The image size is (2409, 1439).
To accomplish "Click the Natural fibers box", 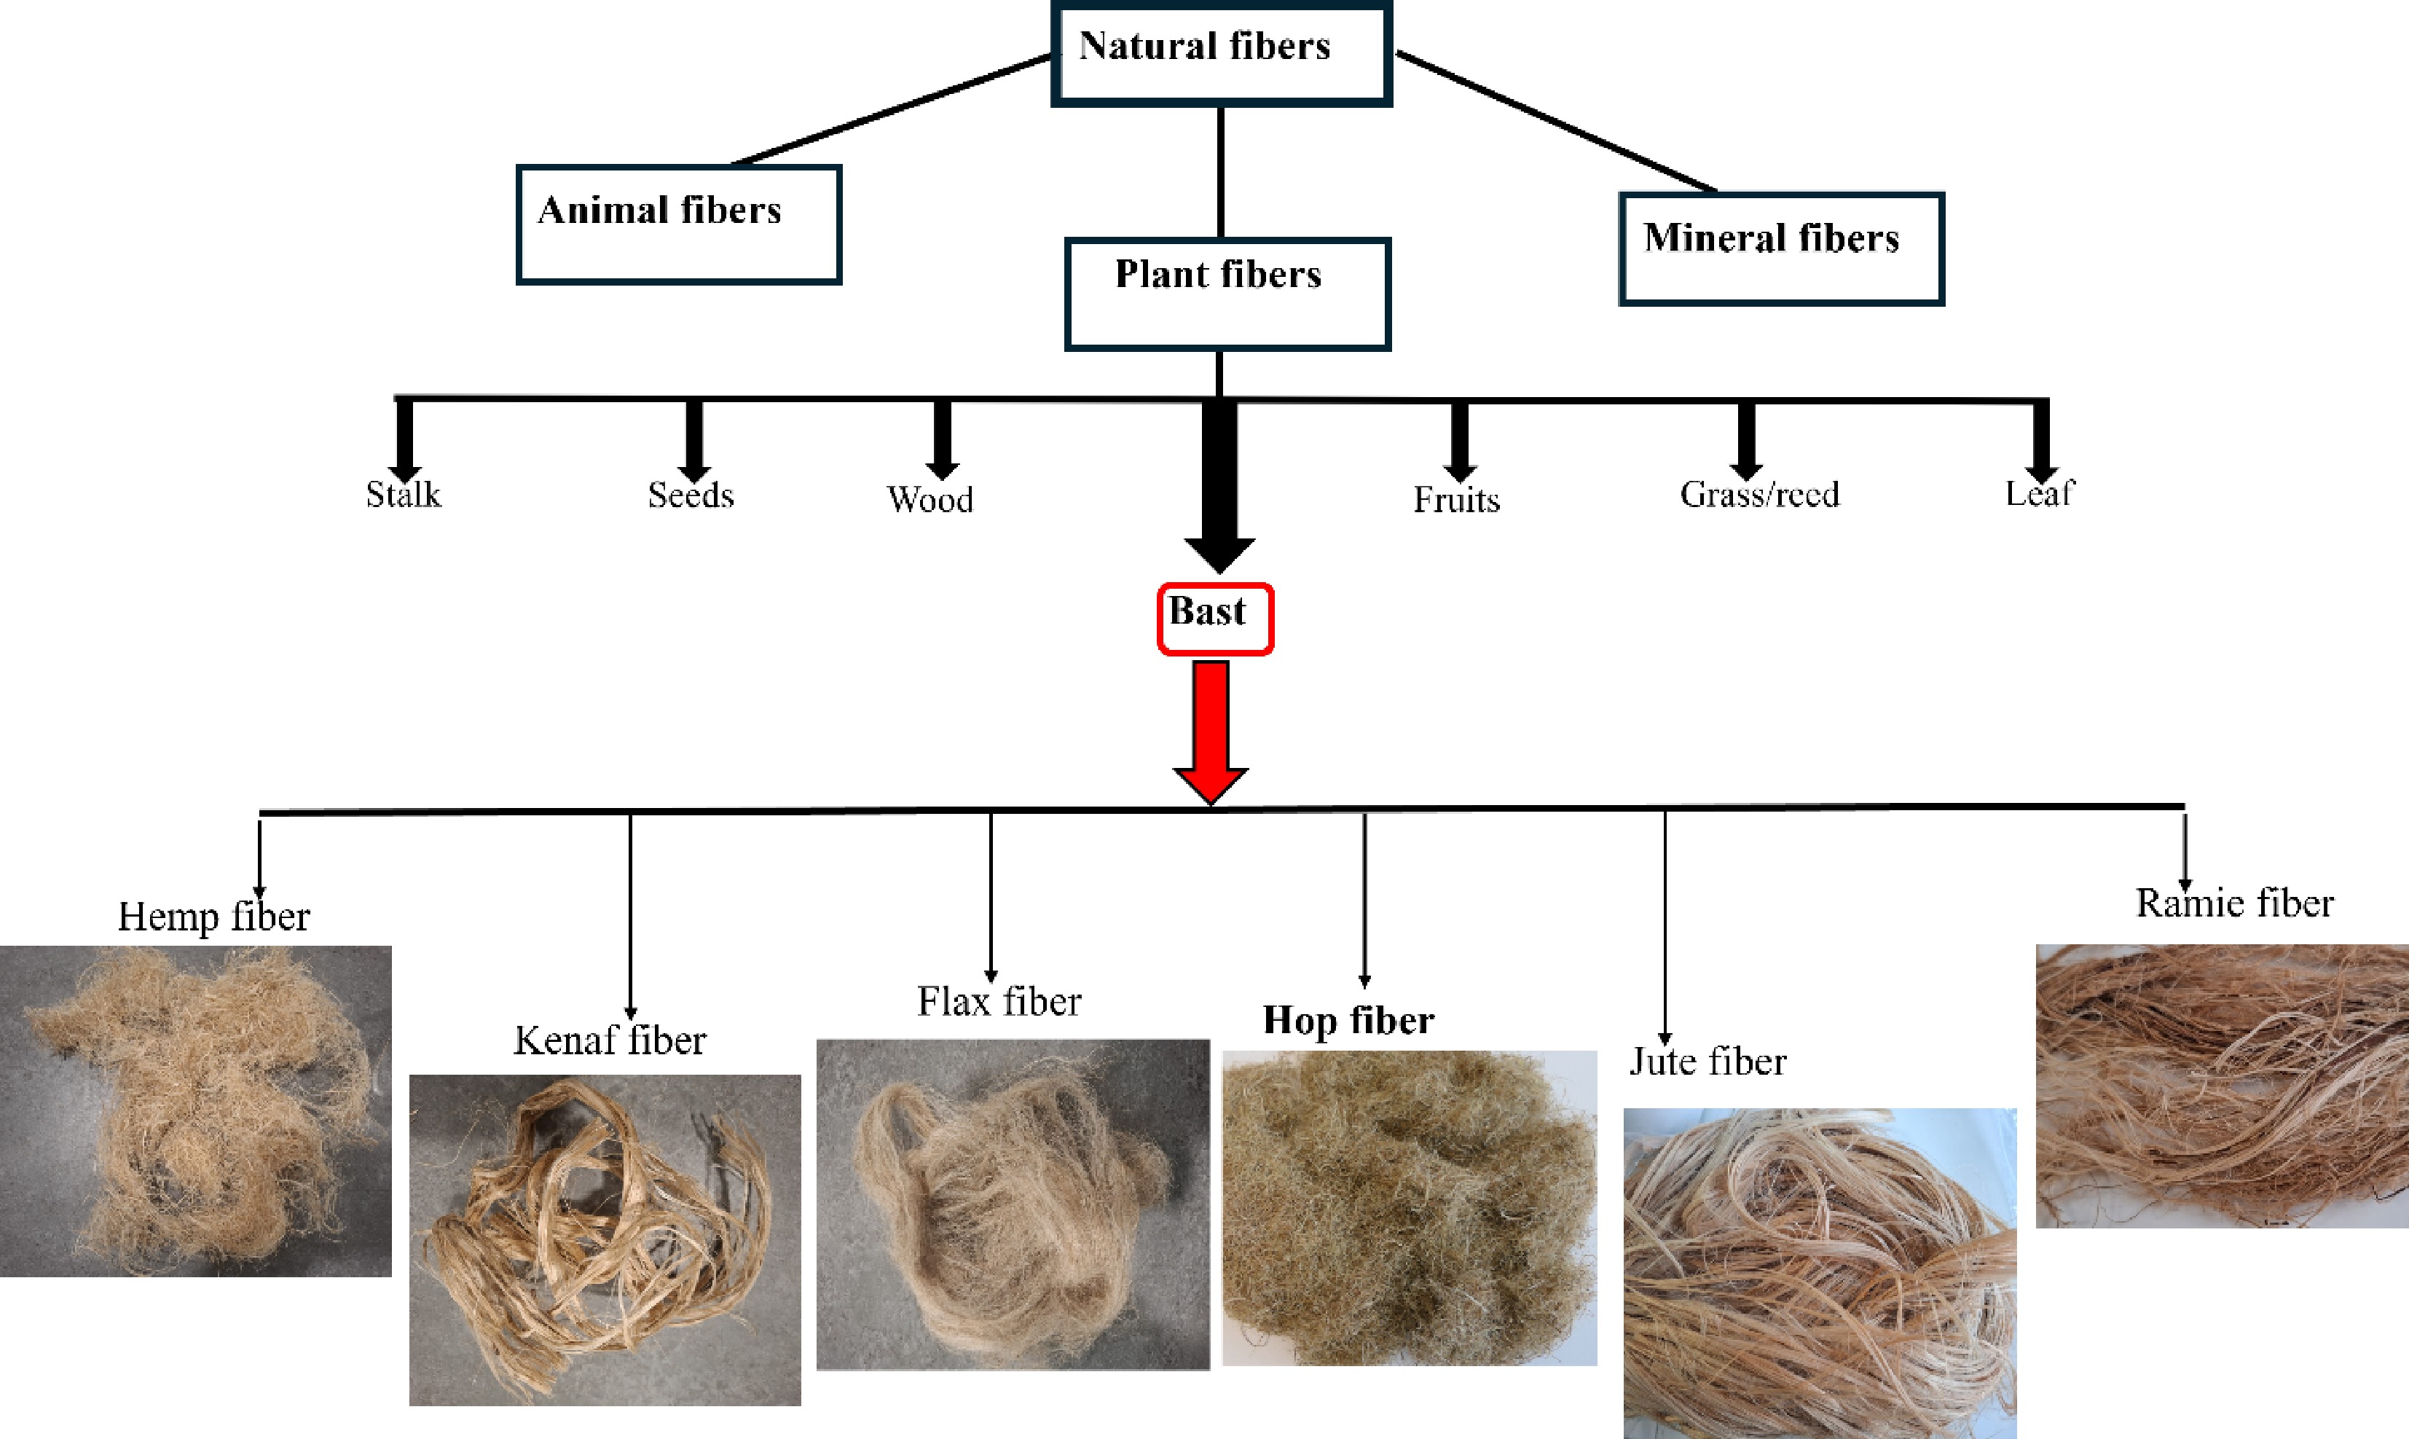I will tap(1222, 53).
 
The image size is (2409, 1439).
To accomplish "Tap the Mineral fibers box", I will tap(1781, 249).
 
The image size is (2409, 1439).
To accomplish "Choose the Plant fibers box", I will tap(1227, 293).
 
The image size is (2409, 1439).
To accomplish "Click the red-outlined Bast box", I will tap(1214, 618).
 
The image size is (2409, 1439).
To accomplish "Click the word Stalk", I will tap(404, 495).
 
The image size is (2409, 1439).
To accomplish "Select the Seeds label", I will tap(691, 495).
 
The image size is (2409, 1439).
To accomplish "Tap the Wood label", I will tap(930, 499).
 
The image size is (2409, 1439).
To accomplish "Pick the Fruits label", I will tap(1456, 499).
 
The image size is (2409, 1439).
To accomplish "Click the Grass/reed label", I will tap(1759, 495).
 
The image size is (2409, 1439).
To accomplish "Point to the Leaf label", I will tap(2040, 493).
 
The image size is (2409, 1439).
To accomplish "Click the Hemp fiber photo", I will tap(196, 1110).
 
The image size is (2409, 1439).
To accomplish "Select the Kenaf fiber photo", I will tap(605, 1239).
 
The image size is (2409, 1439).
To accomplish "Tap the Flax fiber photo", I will tap(1013, 1204).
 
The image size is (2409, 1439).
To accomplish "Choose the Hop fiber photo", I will tap(1410, 1207).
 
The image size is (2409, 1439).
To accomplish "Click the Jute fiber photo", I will tap(1820, 1272).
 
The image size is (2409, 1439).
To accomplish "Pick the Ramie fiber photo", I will tap(2222, 1086).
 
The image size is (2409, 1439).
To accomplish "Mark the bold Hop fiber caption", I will tap(1348, 1020).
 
